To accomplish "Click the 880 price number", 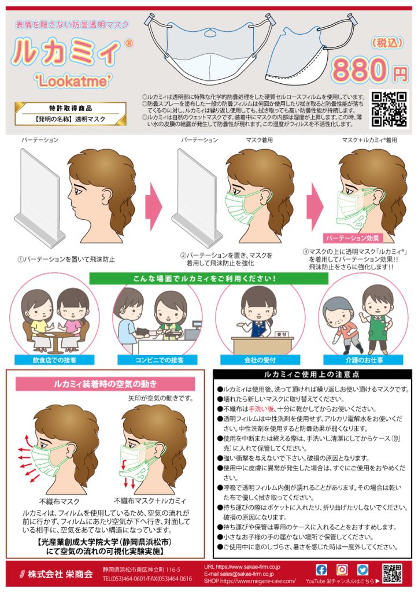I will coord(361,71).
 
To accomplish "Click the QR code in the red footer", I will coord(392,573).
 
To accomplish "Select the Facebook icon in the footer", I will coord(321,569).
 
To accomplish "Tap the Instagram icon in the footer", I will coord(342,569).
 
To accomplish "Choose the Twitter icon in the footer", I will coord(362,569).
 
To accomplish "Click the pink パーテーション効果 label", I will coord(352,238).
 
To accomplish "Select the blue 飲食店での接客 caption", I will coord(49,360).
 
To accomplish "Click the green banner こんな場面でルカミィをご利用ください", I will coord(208,277).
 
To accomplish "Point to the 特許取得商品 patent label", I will coord(71,108).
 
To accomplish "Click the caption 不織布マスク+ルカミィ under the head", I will coord(150,501).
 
